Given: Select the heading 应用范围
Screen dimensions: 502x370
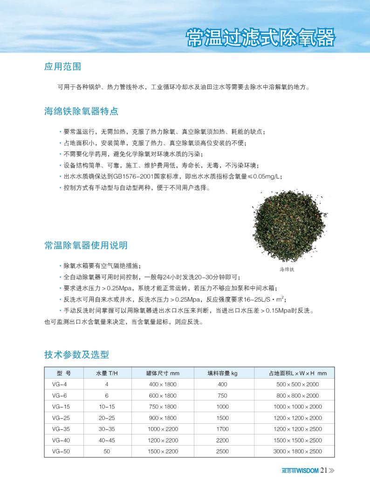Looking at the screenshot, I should click(x=62, y=67).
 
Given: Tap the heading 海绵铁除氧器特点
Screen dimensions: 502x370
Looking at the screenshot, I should click(x=81, y=111).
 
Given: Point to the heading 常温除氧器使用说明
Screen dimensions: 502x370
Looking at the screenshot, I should click(x=86, y=245).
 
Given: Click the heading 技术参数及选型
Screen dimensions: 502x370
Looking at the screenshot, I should click(x=76, y=355).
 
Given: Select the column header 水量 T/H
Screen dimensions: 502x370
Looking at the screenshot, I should click(x=107, y=373).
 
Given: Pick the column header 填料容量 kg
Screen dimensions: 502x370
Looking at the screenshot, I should click(x=222, y=373).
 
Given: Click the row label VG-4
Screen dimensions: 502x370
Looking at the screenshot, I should click(x=59, y=384).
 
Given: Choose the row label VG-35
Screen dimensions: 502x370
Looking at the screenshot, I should click(x=61, y=429).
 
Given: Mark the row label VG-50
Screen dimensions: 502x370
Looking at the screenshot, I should click(x=61, y=451).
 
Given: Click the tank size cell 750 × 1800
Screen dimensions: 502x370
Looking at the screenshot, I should click(x=163, y=407).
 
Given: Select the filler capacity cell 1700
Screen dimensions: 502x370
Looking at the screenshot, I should click(x=222, y=429).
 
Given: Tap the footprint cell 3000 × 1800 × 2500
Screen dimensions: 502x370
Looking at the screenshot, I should click(x=297, y=451).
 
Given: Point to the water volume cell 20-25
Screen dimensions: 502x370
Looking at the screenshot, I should click(x=107, y=418).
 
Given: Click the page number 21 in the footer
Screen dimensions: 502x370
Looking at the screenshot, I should click(x=325, y=470).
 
